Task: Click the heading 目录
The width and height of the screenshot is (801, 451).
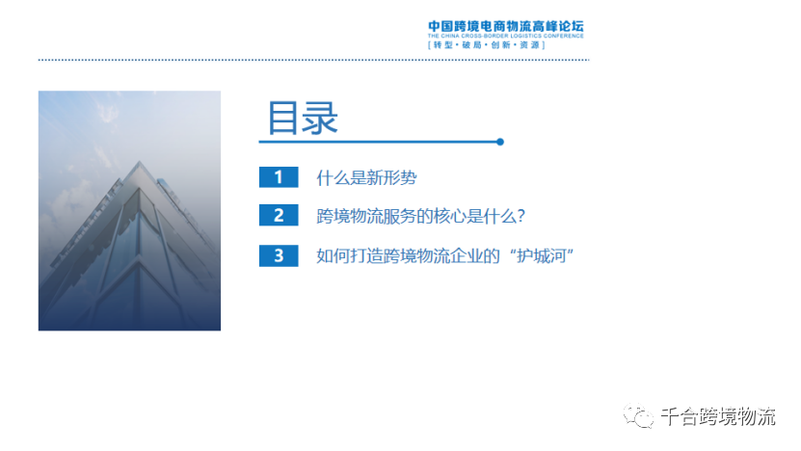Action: (x=303, y=119)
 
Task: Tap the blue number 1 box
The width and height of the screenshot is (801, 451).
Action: (x=279, y=177)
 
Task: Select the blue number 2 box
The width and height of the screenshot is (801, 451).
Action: (x=279, y=216)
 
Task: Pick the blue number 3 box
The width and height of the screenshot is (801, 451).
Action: (x=279, y=255)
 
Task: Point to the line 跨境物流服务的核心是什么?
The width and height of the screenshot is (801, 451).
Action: (x=419, y=216)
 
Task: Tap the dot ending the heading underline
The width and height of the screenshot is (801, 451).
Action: (x=499, y=142)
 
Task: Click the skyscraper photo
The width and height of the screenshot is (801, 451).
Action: (x=129, y=211)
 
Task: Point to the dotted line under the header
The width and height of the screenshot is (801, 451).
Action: (x=313, y=60)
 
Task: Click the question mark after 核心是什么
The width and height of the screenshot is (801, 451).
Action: (x=519, y=216)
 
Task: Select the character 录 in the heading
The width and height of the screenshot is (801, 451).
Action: (x=321, y=119)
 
